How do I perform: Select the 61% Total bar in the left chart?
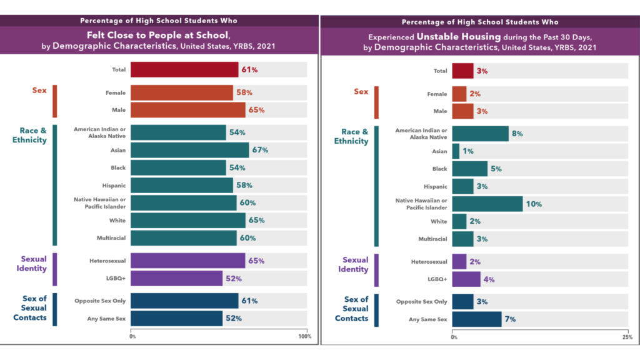point(184,70)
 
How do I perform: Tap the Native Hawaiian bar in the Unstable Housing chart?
point(487,204)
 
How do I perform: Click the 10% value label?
point(534,204)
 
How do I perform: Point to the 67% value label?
point(260,150)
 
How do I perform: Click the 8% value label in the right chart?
point(517,134)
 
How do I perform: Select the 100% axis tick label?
point(304,336)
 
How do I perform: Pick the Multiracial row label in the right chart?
point(432,239)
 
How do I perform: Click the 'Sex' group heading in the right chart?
point(361,92)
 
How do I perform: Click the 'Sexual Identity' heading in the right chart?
point(355,264)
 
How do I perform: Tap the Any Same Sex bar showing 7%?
point(476,319)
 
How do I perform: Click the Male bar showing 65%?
point(188,110)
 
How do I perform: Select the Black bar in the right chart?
point(469,169)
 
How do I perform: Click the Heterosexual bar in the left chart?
point(188,261)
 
